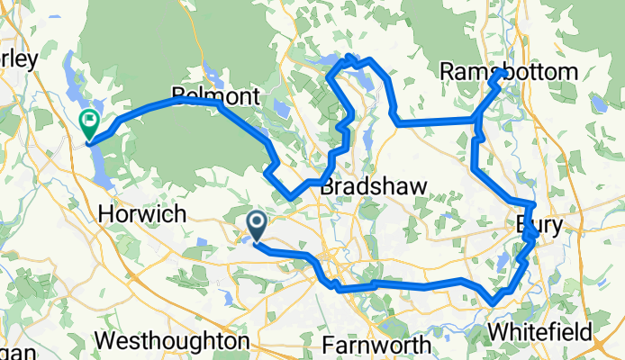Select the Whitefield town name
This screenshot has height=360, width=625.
540,330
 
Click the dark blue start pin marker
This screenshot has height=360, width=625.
256,223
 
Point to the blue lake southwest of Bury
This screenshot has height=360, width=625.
501,263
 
